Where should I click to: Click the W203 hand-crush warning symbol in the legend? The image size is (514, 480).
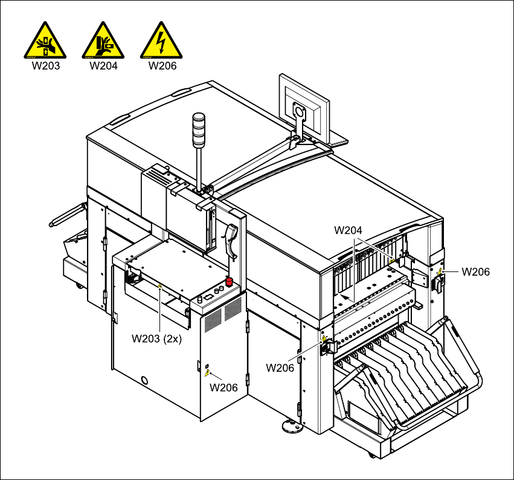[x=45, y=41]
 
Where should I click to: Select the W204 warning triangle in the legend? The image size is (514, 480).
[x=103, y=41]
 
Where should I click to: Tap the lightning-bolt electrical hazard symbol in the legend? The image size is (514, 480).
[x=161, y=41]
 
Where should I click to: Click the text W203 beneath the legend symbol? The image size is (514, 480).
[x=45, y=66]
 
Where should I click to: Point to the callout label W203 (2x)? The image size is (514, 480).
[x=157, y=339]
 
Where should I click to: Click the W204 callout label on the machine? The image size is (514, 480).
[x=348, y=230]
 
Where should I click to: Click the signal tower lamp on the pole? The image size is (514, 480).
[x=199, y=129]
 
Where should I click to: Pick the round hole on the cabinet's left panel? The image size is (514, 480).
[x=144, y=380]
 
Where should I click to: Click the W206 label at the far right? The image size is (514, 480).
[x=475, y=271]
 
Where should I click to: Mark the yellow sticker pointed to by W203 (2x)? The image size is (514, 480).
[x=159, y=287]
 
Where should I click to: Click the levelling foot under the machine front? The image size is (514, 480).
[x=292, y=427]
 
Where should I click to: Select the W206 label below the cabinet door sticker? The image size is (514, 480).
[x=223, y=388]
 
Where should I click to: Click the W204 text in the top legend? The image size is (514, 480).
[x=103, y=66]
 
